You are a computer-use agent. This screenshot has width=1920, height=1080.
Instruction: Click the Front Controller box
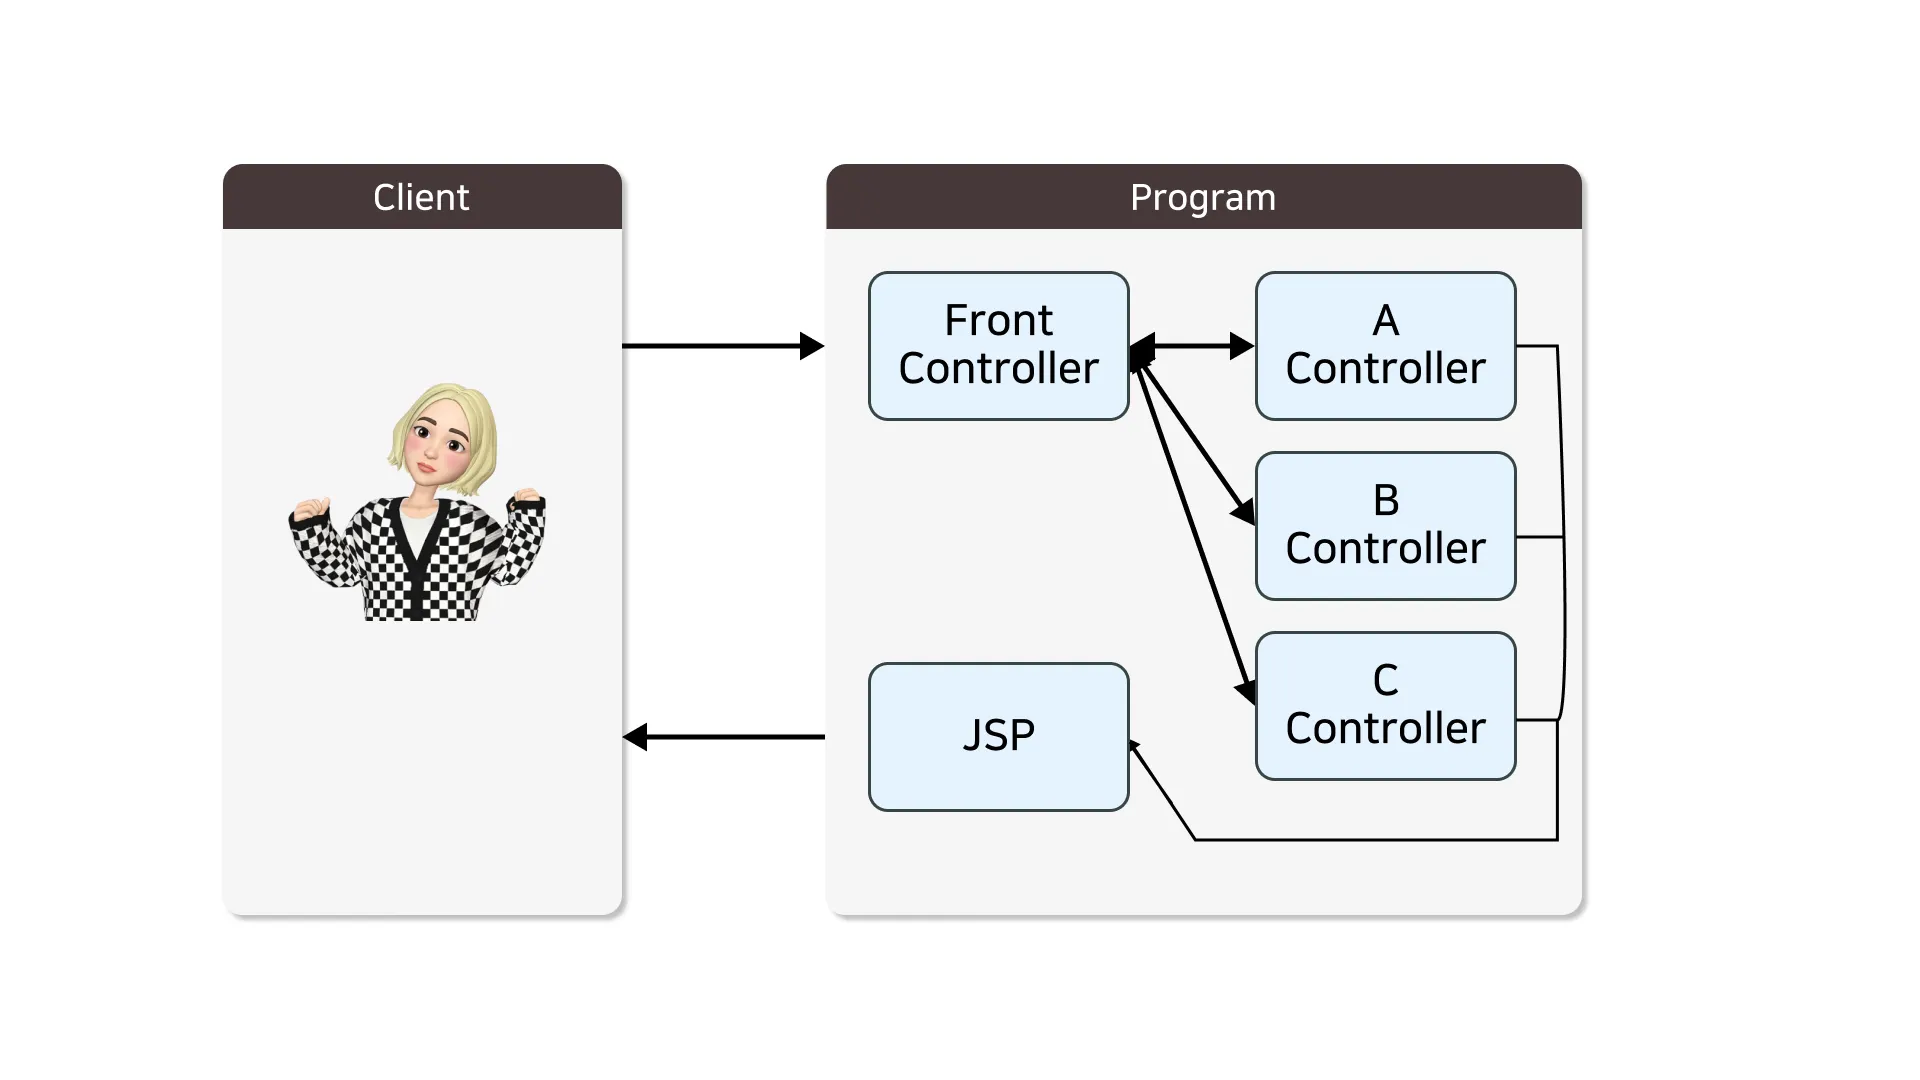coord(998,346)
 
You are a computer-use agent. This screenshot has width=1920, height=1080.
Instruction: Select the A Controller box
coord(1385,346)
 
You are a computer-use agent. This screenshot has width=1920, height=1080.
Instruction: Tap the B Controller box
coord(1385,526)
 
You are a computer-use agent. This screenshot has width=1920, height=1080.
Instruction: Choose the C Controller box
coord(1385,706)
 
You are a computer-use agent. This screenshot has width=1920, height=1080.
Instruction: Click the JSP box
coord(998,737)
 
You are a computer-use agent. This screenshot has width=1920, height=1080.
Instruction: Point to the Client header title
coord(421,197)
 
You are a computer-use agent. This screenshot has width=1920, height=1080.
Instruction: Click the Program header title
coord(1203,197)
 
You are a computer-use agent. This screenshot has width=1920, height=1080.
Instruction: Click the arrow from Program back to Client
coord(724,737)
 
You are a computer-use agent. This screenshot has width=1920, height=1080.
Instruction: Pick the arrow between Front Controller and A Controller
coord(1192,346)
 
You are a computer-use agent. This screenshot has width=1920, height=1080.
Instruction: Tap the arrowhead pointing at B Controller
coord(1244,512)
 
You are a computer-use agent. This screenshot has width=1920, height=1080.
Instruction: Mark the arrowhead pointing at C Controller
coord(1246,691)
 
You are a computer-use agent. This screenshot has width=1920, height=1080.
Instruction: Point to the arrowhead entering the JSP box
coord(1134,745)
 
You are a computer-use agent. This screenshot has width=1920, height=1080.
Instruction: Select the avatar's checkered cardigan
coord(420,560)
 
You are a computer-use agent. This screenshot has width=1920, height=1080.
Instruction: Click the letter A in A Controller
coord(1385,321)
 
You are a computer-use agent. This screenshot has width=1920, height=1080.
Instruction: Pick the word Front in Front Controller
coord(998,321)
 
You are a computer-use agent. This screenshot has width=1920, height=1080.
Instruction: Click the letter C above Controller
coord(1385,681)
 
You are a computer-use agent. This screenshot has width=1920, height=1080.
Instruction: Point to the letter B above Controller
coord(1385,501)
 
